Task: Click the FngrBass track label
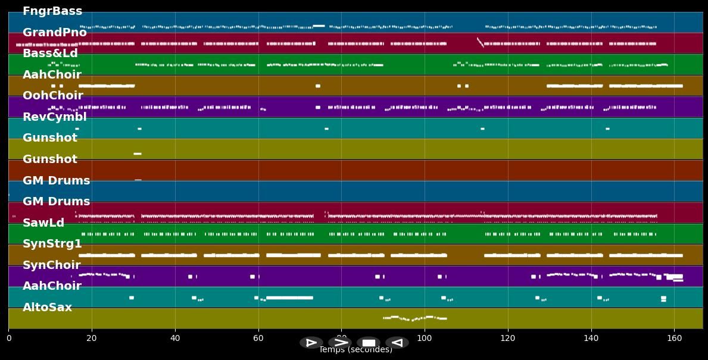52,11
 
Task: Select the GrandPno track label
55,33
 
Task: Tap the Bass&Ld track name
50,54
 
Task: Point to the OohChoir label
53,96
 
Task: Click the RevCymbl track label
55,117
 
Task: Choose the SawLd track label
43,223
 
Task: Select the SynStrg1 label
52,244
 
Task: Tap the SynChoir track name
52,265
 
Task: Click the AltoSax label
47,308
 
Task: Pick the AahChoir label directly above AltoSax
52,286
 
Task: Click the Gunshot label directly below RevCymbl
50,138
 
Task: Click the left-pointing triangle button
397,343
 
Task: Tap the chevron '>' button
340,343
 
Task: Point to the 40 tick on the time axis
175,338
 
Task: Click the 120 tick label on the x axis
508,338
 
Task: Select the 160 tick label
674,338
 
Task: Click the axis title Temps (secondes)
355,350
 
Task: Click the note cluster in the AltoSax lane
415,318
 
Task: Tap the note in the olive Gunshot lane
138,154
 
